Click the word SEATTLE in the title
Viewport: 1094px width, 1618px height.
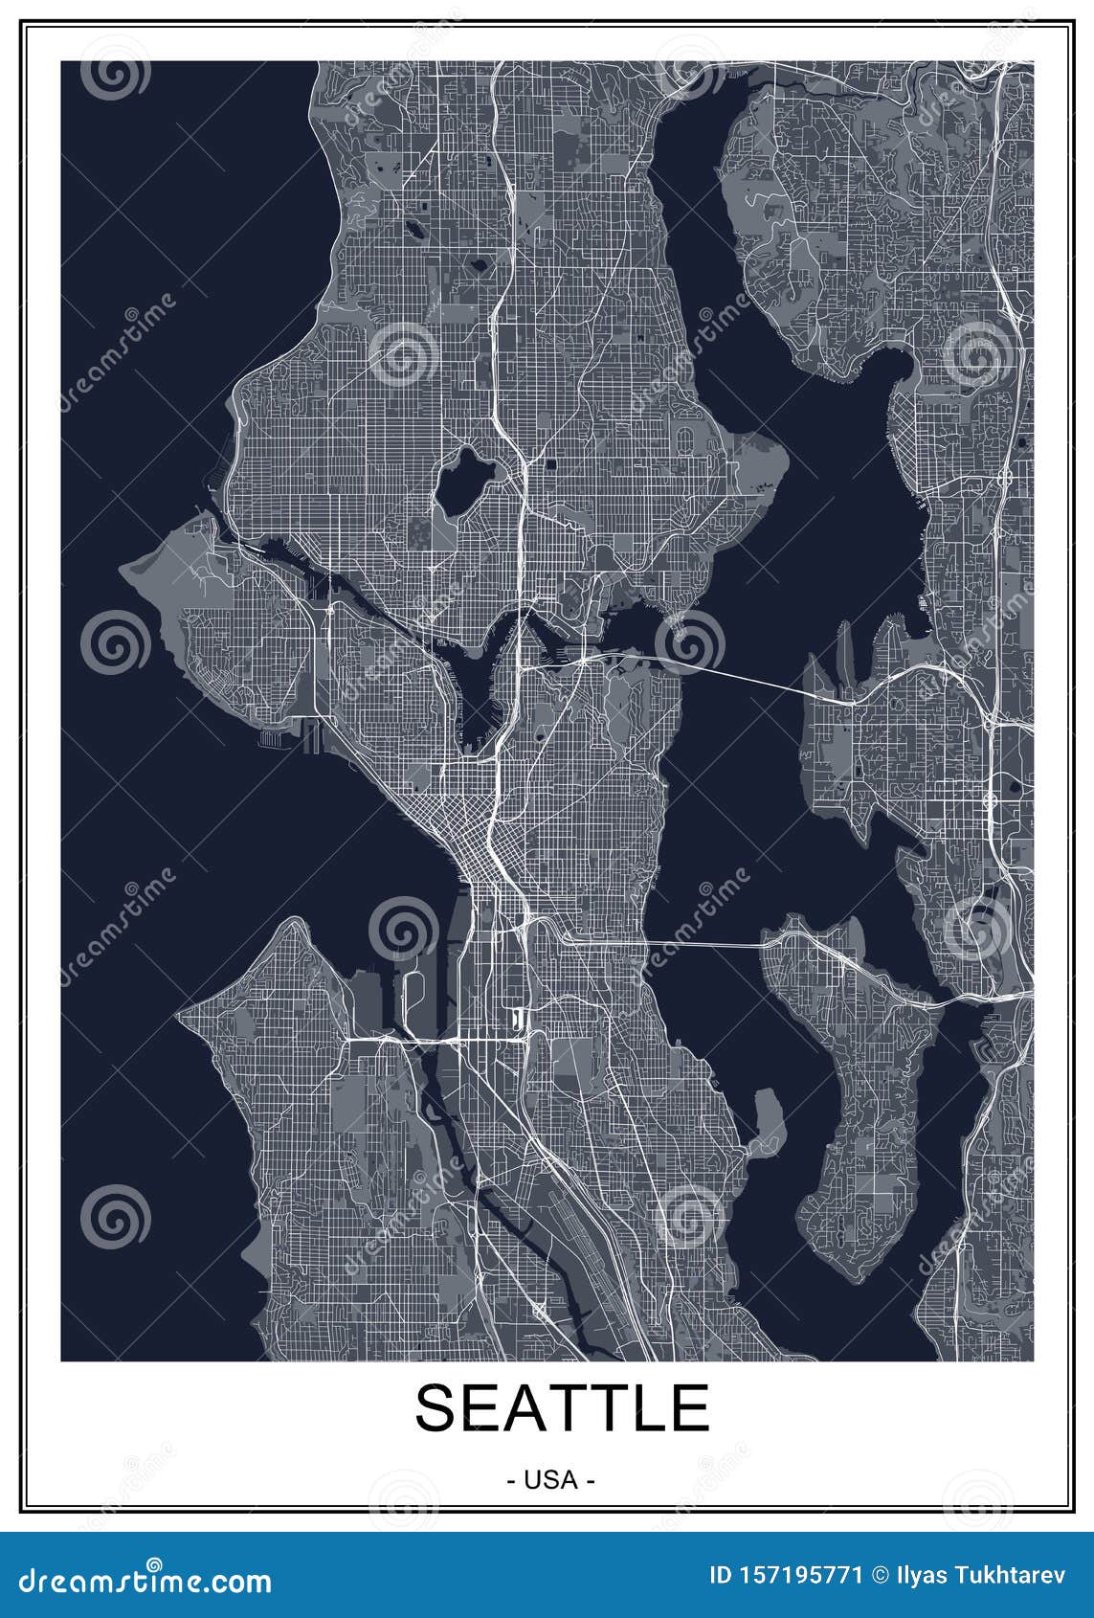[x=562, y=1407]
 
